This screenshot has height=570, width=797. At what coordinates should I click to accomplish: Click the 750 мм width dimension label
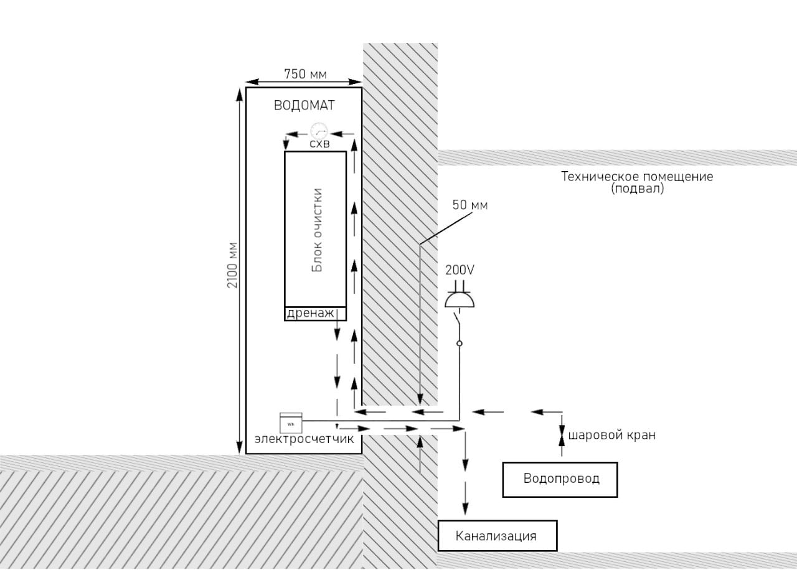[x=305, y=74]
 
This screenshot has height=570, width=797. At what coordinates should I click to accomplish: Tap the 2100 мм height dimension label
[x=232, y=265]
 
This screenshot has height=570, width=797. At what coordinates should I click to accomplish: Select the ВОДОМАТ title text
[x=304, y=105]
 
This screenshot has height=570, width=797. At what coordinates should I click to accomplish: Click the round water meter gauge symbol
[x=319, y=131]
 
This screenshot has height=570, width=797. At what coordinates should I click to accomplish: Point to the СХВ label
[x=319, y=144]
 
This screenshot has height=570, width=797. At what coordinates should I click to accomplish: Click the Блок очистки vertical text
[x=316, y=230]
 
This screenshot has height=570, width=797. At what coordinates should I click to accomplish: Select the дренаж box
[x=315, y=314]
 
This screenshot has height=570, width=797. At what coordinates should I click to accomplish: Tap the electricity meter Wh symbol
[x=291, y=423]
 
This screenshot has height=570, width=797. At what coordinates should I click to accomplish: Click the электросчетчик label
[x=304, y=439]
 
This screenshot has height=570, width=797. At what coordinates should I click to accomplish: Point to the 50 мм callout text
[x=469, y=205]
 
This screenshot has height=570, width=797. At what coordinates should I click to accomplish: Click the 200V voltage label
[x=460, y=270]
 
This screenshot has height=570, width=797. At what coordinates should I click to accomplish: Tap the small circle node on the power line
[x=460, y=343]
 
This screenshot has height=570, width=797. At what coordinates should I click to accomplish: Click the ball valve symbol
[x=562, y=435]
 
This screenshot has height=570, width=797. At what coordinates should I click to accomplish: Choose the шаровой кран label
[x=612, y=435]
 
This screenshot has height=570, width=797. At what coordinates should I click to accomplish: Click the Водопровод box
[x=560, y=480]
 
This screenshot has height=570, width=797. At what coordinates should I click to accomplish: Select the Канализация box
[x=497, y=536]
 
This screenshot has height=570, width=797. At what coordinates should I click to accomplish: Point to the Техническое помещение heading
[x=637, y=176]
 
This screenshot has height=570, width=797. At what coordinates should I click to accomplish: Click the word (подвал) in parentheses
[x=637, y=189]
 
